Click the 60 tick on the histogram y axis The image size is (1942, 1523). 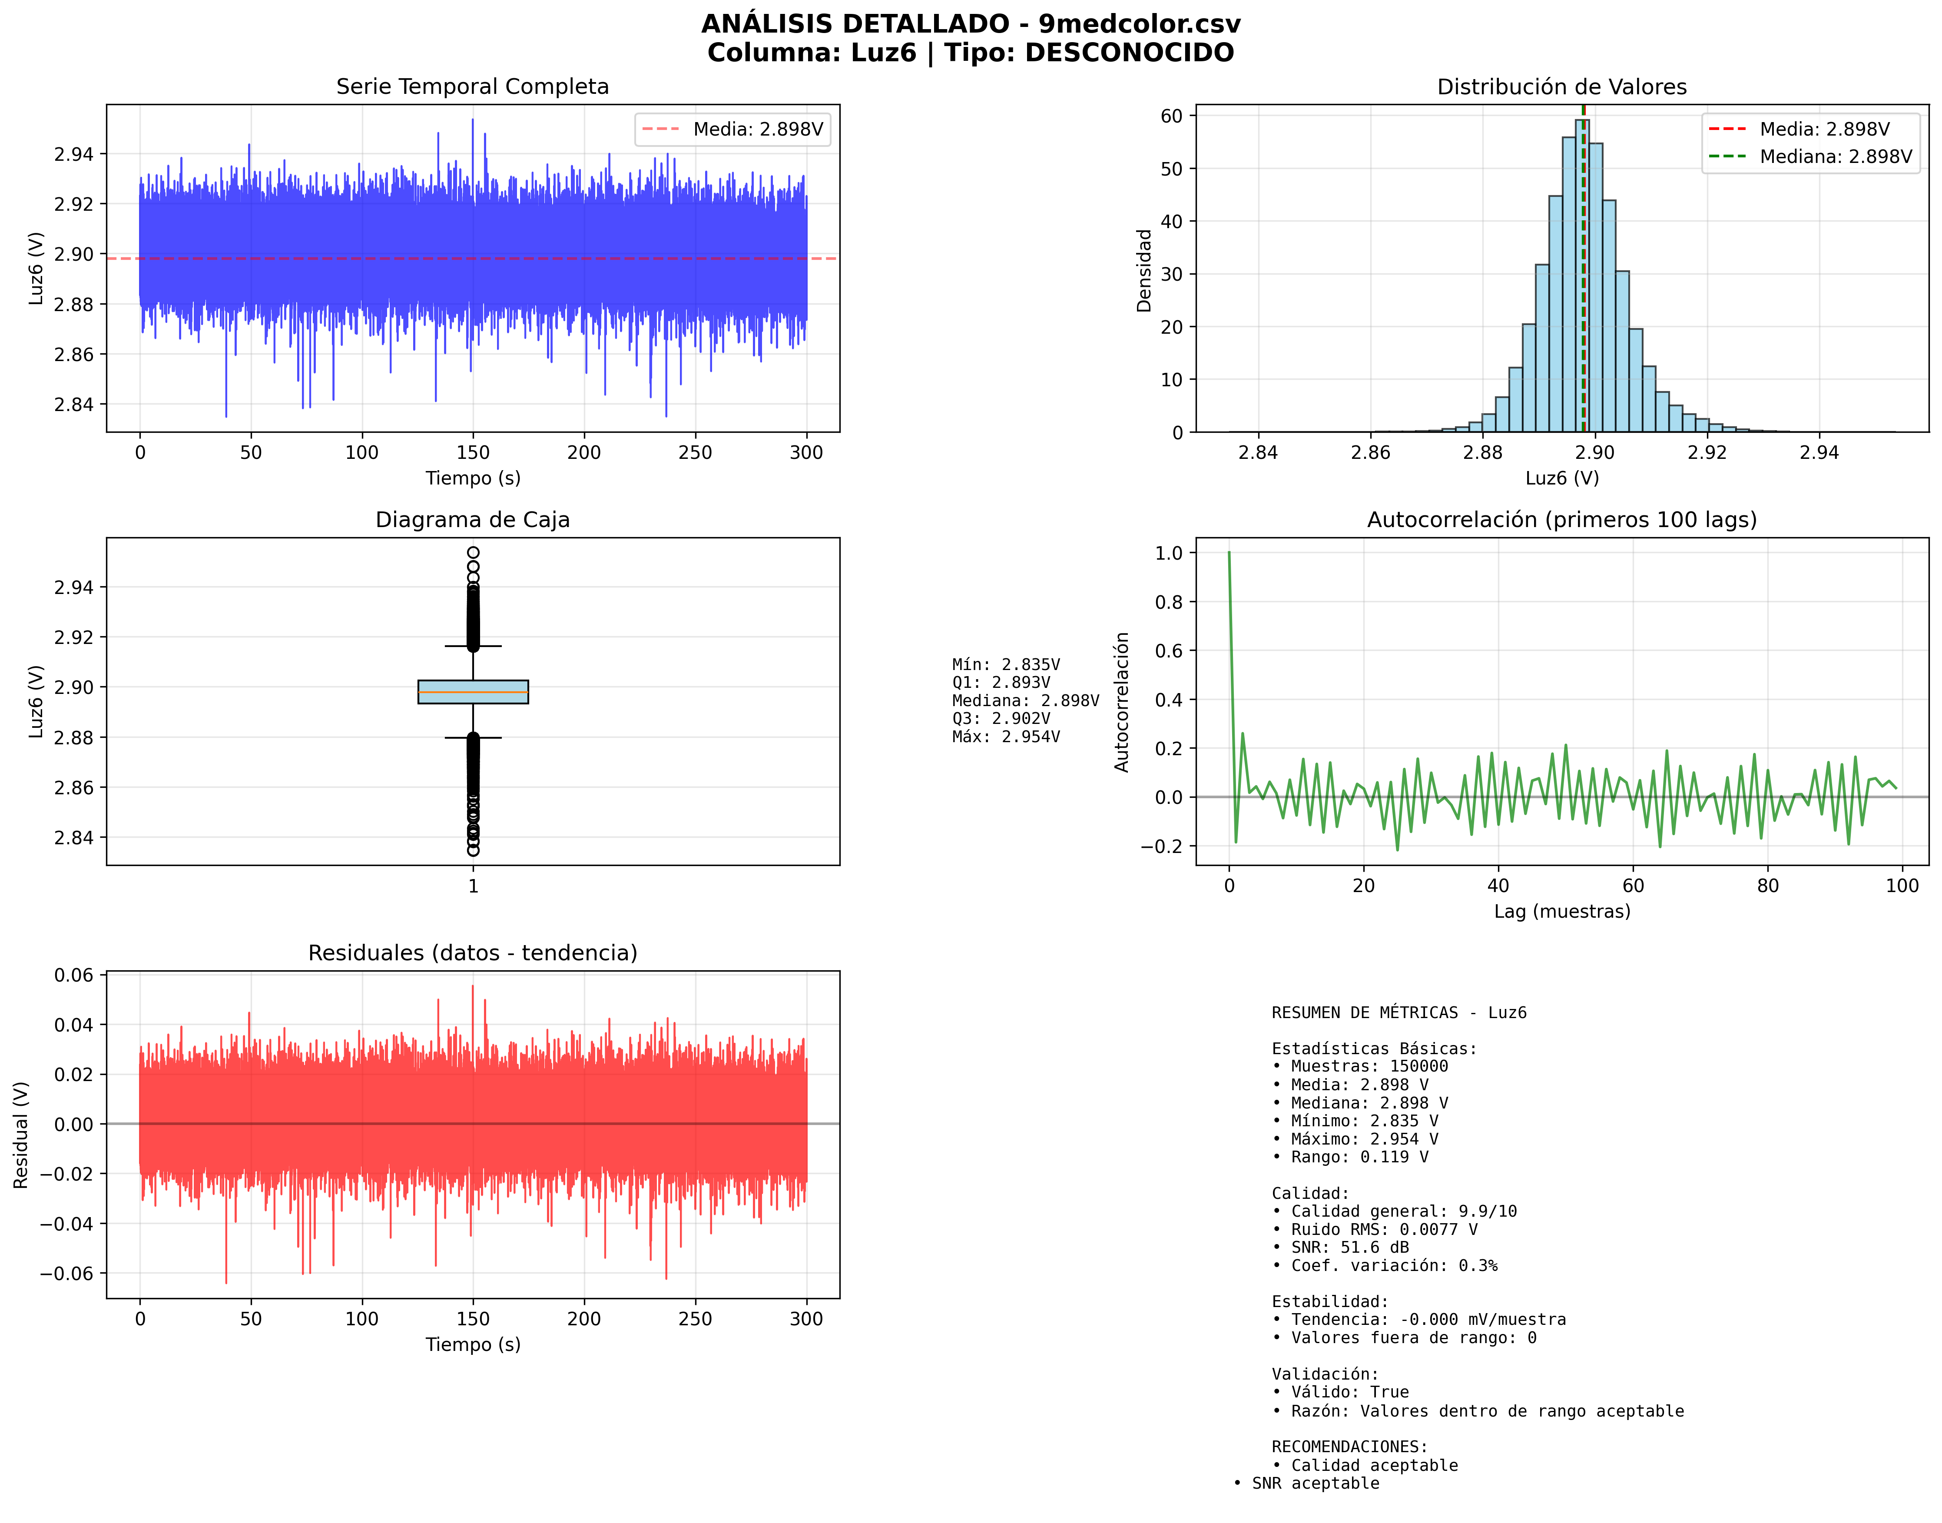[1172, 116]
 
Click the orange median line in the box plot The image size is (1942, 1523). [473, 692]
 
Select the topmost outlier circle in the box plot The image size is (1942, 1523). [473, 553]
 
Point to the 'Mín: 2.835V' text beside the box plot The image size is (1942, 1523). [1006, 664]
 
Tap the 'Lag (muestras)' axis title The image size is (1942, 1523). [1562, 911]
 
